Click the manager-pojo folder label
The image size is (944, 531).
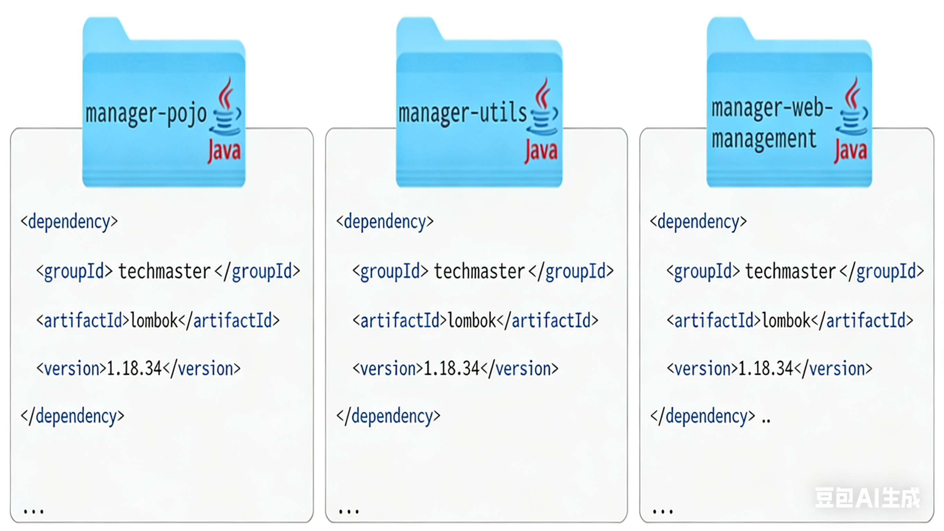tap(146, 114)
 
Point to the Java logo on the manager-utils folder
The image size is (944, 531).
tap(542, 121)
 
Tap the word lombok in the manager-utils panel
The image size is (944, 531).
tap(472, 321)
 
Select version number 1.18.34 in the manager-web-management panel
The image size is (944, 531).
tap(766, 368)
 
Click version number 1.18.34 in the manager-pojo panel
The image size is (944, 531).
tap(134, 368)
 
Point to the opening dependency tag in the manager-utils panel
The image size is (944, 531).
tap(385, 222)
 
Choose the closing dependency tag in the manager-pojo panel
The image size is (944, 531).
tap(73, 416)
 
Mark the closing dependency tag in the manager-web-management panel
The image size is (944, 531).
tap(703, 416)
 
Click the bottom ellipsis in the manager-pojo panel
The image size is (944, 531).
tap(34, 511)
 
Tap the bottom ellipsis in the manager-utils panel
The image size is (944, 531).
tap(349, 511)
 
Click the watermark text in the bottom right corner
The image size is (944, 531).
tap(868, 498)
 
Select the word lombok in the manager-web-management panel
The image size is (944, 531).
tap(786, 321)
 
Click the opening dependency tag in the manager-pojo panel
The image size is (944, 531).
tap(69, 222)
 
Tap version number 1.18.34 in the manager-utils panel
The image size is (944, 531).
tap(452, 368)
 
